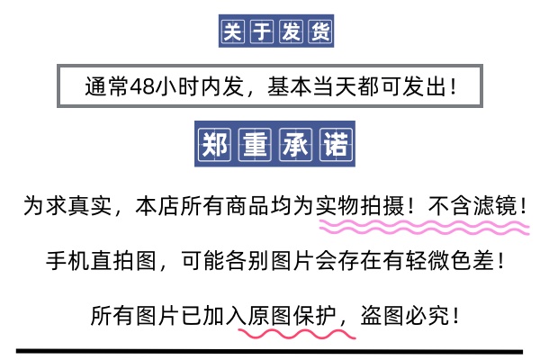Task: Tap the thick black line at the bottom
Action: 270,350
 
